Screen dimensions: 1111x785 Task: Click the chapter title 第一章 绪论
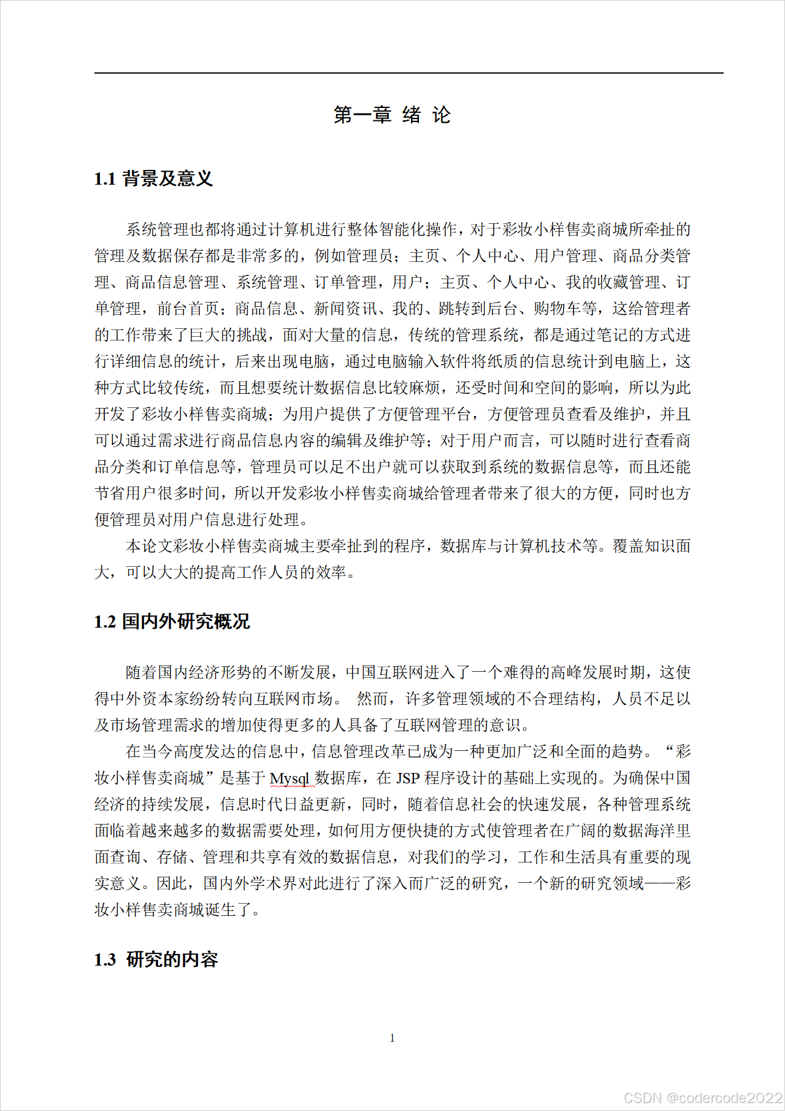point(392,115)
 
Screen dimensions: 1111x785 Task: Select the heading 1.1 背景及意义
point(153,179)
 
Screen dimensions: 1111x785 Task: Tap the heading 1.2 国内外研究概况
point(172,621)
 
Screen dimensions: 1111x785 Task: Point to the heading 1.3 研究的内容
point(156,959)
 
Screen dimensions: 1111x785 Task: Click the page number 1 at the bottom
point(392,1038)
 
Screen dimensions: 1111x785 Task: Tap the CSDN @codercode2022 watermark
point(703,1098)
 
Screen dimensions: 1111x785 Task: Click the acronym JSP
point(408,778)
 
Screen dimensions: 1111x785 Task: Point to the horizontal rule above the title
point(408,73)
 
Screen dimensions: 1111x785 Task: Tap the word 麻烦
point(424,388)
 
